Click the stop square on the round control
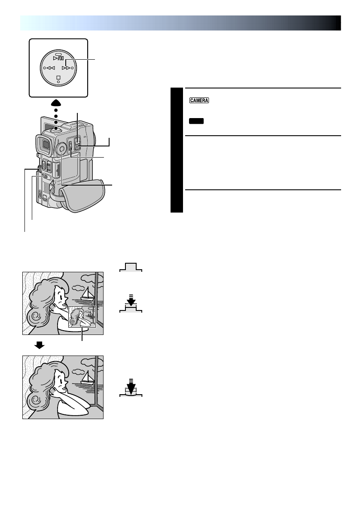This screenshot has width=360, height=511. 58,78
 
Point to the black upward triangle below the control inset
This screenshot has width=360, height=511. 58,101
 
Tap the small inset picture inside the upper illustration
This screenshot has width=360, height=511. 82,316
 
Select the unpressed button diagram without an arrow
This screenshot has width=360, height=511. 131,267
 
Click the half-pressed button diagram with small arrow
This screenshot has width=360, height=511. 131,303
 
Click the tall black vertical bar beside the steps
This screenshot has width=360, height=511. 176,150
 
